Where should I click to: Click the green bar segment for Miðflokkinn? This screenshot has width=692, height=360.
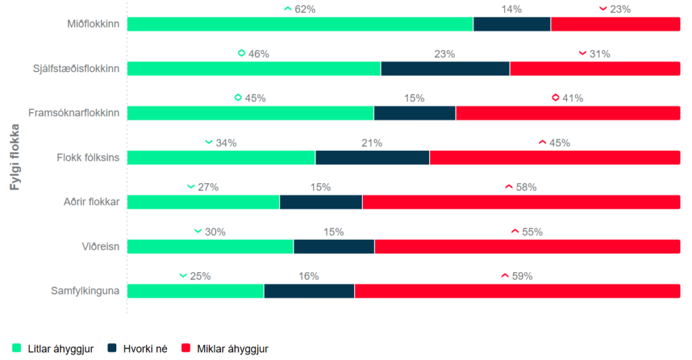tap(300, 24)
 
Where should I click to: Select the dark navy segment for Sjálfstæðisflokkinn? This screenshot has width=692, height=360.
tap(445, 68)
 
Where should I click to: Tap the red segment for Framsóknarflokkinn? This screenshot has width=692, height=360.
tap(568, 113)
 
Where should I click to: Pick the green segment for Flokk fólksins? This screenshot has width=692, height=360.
tap(221, 157)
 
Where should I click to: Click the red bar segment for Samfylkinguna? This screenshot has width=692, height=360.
tap(517, 291)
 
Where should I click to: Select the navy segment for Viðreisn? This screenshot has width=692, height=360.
tap(334, 247)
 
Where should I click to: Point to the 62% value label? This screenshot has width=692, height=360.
tap(305, 9)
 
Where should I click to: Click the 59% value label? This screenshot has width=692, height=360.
tap(522, 276)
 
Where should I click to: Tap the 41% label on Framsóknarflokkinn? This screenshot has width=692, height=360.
tap(572, 98)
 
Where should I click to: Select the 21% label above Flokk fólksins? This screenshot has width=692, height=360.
tap(372, 143)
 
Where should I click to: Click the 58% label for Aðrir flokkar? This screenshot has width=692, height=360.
tap(526, 187)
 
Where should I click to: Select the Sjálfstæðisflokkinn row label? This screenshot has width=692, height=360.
tap(76, 68)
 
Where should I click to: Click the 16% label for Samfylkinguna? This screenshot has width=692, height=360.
tap(308, 276)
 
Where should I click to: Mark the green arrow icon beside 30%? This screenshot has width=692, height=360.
tap(198, 232)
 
